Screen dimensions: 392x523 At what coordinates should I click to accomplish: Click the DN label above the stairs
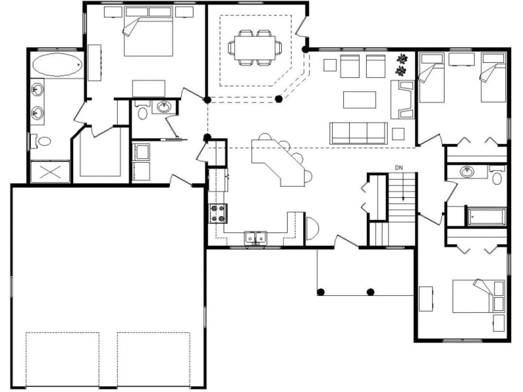[399, 168]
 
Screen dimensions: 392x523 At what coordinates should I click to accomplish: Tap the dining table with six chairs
[255, 47]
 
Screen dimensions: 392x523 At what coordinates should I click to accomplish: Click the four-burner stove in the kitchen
[218, 214]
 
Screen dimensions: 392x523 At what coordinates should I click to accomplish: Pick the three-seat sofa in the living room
[358, 133]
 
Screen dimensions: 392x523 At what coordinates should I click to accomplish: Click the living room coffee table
[359, 100]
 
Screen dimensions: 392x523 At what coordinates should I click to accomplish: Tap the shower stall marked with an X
[50, 172]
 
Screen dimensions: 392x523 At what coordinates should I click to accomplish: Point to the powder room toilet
[142, 113]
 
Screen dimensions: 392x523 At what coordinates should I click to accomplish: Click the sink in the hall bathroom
[466, 171]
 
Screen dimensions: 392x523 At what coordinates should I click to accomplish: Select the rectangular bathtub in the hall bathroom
[486, 217]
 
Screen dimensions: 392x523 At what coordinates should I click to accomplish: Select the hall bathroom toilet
[497, 176]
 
